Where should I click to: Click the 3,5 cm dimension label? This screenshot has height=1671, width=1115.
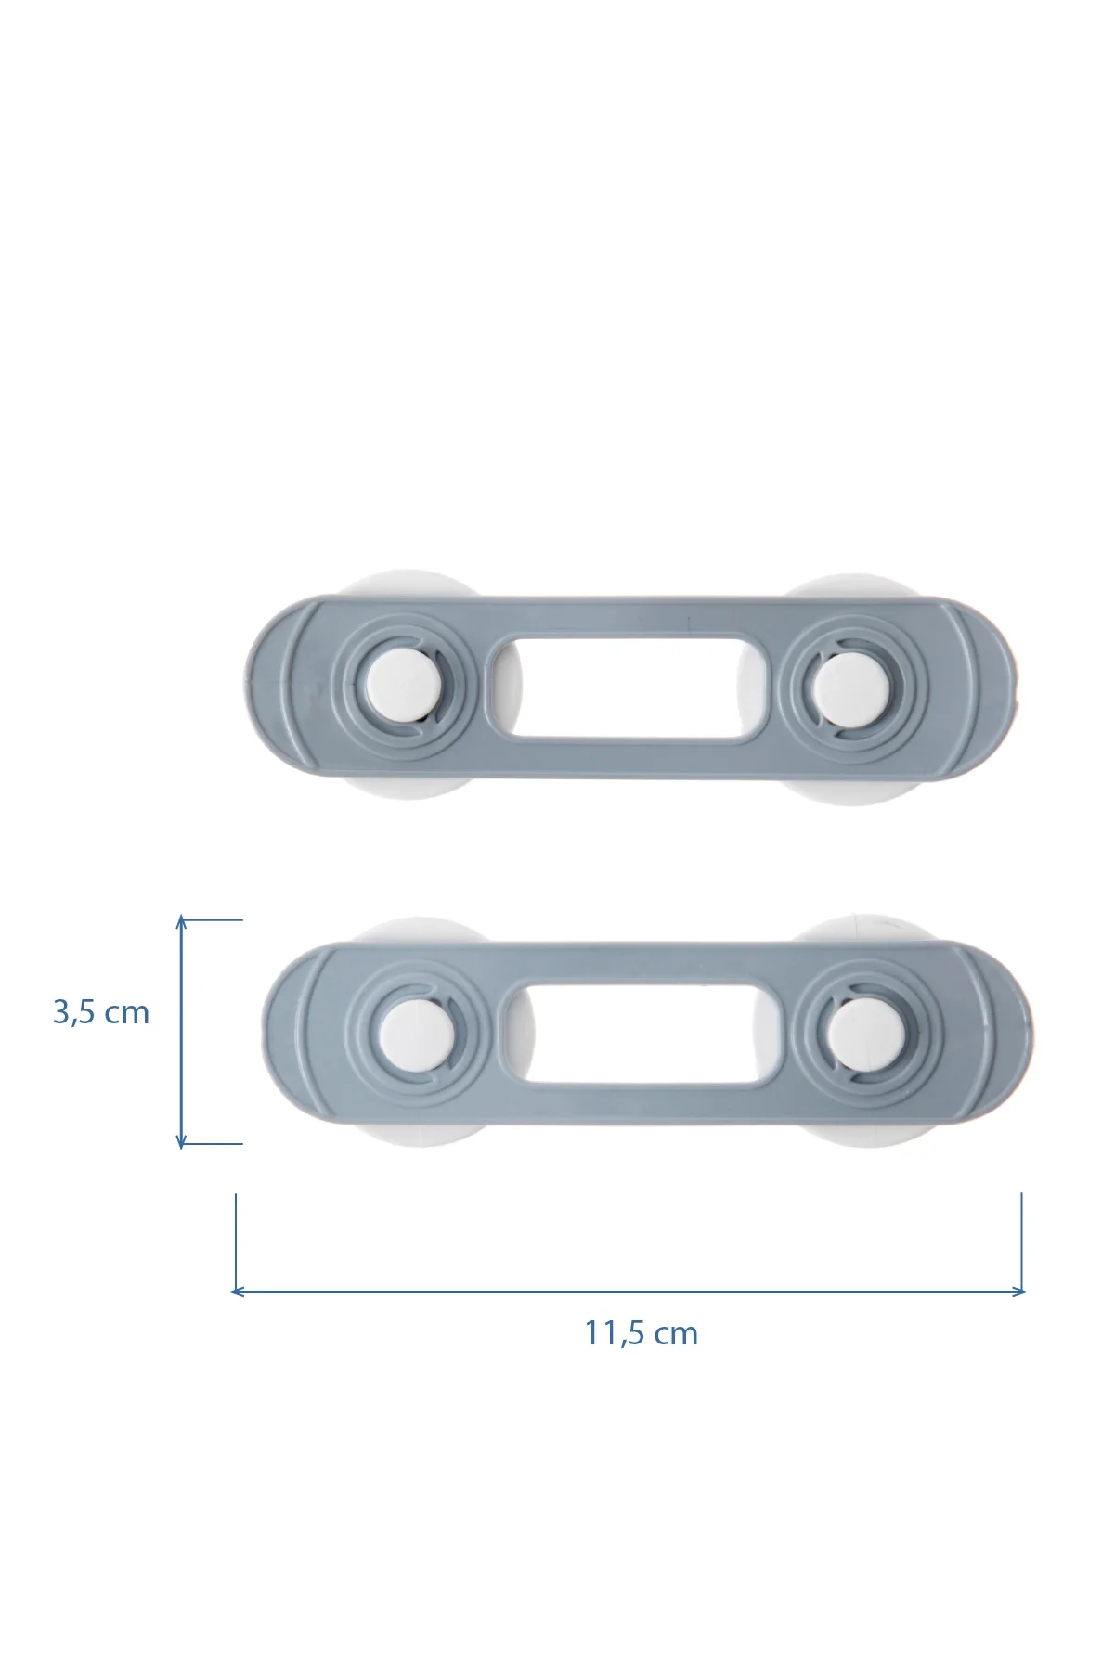coord(101,1012)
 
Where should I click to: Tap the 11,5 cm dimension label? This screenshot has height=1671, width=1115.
coord(641,1333)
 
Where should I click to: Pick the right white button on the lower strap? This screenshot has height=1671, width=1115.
coord(861,1032)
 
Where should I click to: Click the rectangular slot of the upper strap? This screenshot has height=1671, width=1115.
coord(629,688)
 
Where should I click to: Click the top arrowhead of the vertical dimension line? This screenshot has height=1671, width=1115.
coord(182,921)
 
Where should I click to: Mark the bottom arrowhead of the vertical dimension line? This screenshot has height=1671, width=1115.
coord(182,1142)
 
